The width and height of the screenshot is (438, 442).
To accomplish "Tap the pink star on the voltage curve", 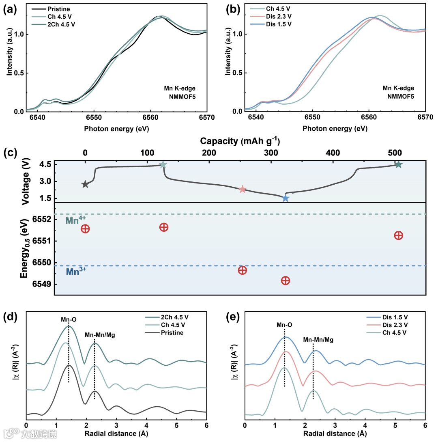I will (243, 189).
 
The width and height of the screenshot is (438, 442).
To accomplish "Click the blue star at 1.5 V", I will (285, 198).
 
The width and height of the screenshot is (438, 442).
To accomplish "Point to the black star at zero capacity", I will (85, 184).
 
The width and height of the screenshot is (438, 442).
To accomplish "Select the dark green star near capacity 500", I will (398, 164).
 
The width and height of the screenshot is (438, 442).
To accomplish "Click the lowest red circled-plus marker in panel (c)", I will (285, 280).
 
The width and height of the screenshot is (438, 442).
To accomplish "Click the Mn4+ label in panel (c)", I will (76, 220).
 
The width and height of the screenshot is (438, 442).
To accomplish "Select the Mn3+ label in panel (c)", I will (75, 272).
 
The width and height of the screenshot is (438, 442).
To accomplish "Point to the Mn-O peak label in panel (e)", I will (284, 324).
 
